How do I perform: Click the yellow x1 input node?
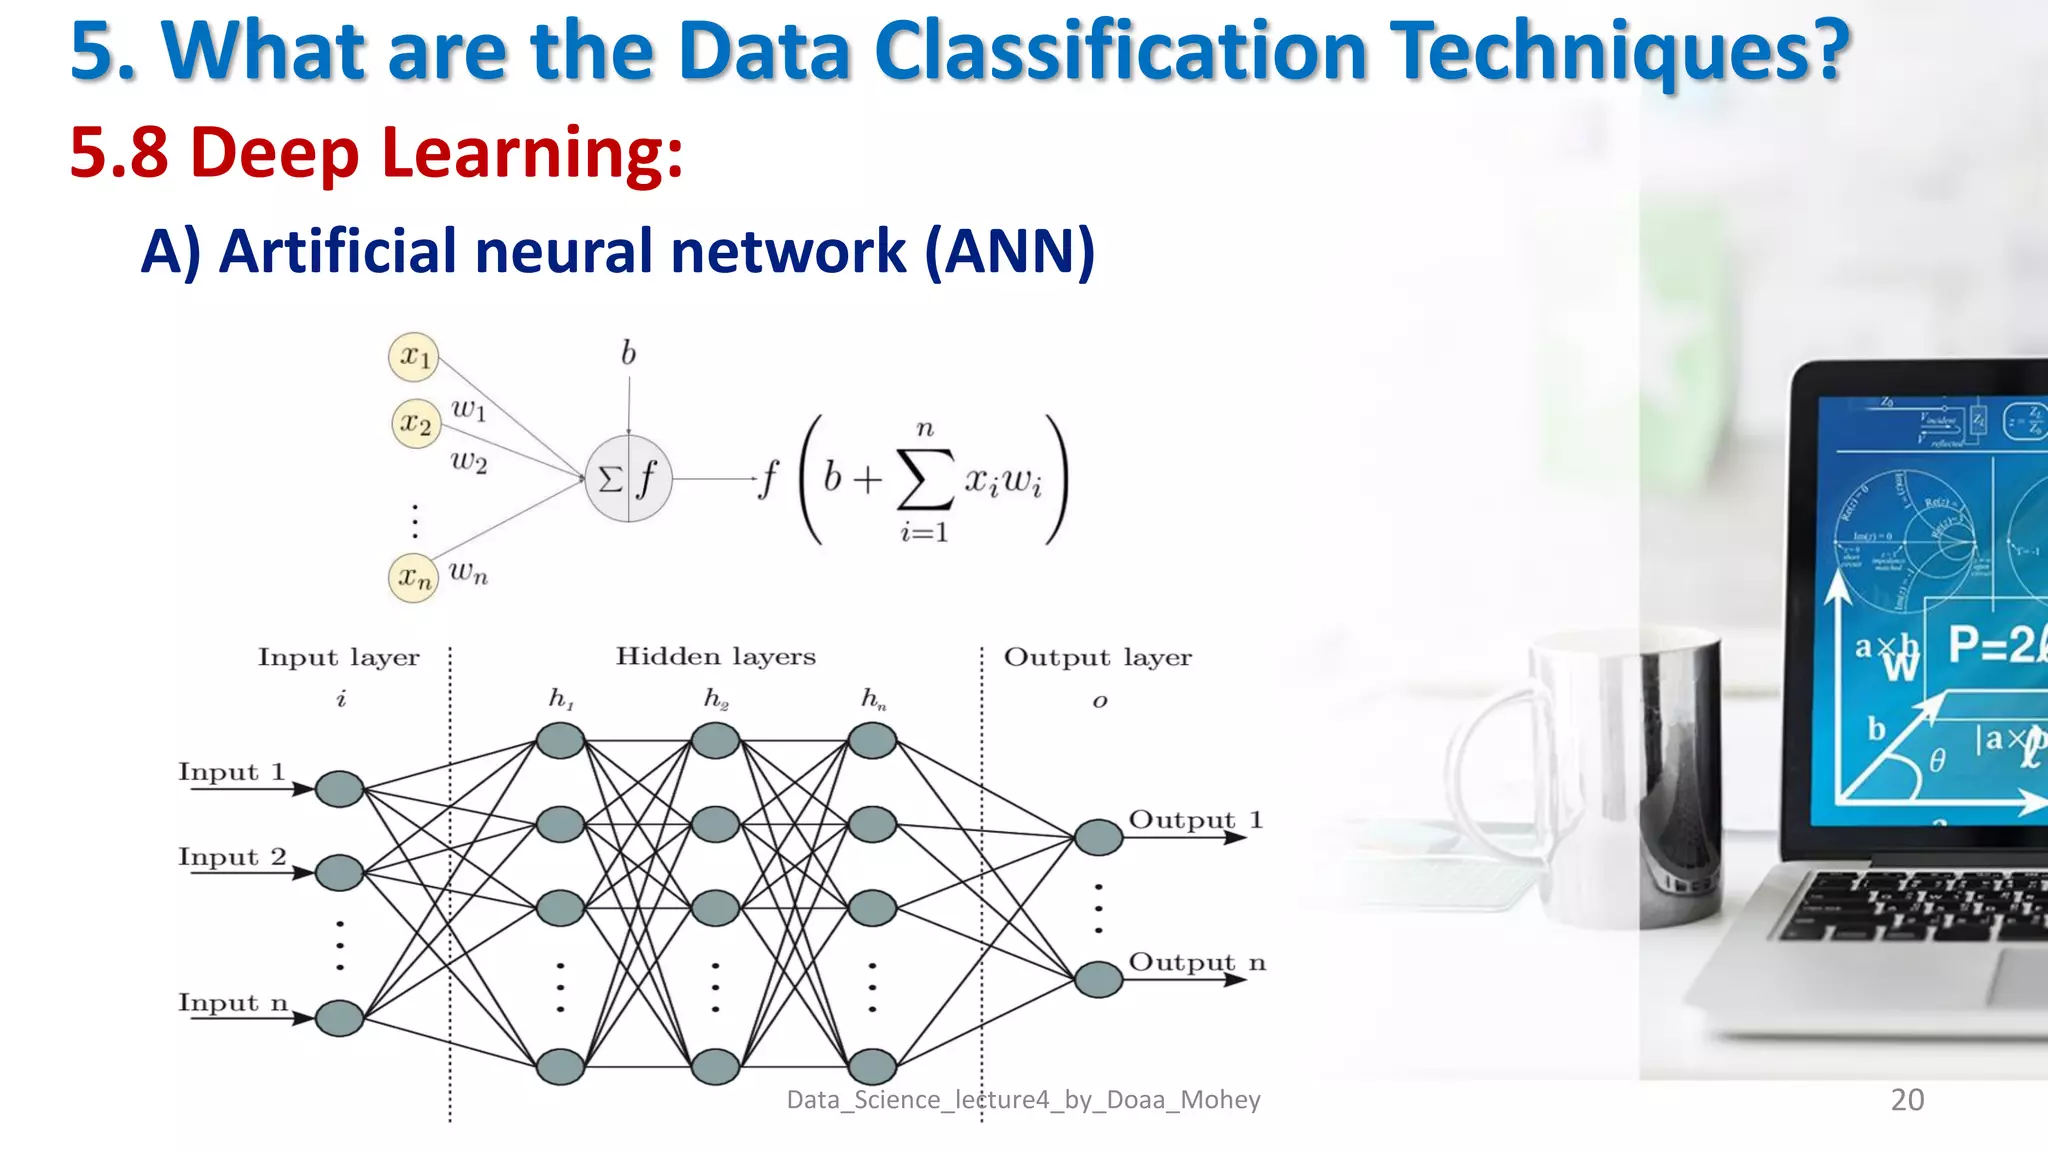click(x=413, y=357)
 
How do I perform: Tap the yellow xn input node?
click(x=413, y=577)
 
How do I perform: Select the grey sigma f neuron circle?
click(x=628, y=479)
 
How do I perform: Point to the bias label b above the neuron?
click(x=628, y=353)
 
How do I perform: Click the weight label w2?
click(x=468, y=461)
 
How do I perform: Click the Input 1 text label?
click(x=232, y=772)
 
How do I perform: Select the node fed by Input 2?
click(x=339, y=872)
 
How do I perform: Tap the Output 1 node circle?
click(x=1098, y=837)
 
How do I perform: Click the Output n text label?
click(x=1197, y=962)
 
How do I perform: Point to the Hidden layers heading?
click(x=715, y=657)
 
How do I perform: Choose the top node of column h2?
click(x=715, y=741)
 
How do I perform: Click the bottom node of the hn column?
click(x=872, y=1066)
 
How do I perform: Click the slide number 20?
click(x=1907, y=1099)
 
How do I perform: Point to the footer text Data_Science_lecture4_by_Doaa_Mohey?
click(x=1023, y=1100)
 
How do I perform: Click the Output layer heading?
click(x=1097, y=658)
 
